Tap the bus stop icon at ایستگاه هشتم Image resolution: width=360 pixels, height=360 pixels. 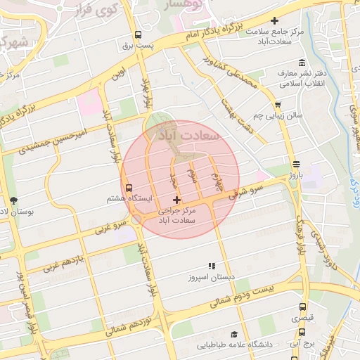coord(128,188)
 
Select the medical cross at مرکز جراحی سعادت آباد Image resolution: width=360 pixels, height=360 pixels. coord(176,200)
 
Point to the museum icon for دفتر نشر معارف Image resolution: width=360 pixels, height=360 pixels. coord(302,63)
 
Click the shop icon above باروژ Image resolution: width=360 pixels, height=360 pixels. coord(296,165)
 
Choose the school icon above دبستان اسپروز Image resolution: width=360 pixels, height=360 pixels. coord(210,266)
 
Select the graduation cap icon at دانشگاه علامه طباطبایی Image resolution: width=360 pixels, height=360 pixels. coord(233,335)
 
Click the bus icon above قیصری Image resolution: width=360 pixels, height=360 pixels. coord(302,307)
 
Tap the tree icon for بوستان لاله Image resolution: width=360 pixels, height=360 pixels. coord(13,200)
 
